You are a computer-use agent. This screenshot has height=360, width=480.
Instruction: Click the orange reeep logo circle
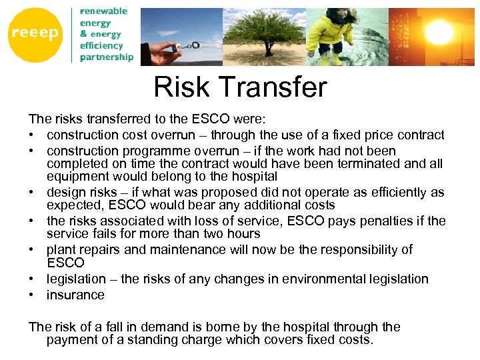(35, 35)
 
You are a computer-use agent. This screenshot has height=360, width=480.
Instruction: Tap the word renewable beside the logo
(103, 11)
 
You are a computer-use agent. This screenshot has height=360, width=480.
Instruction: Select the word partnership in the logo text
(107, 57)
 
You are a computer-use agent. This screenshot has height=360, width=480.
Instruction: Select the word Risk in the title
(177, 87)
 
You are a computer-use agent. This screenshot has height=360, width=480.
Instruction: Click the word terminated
(351, 163)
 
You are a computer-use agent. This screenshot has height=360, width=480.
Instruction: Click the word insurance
(75, 295)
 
